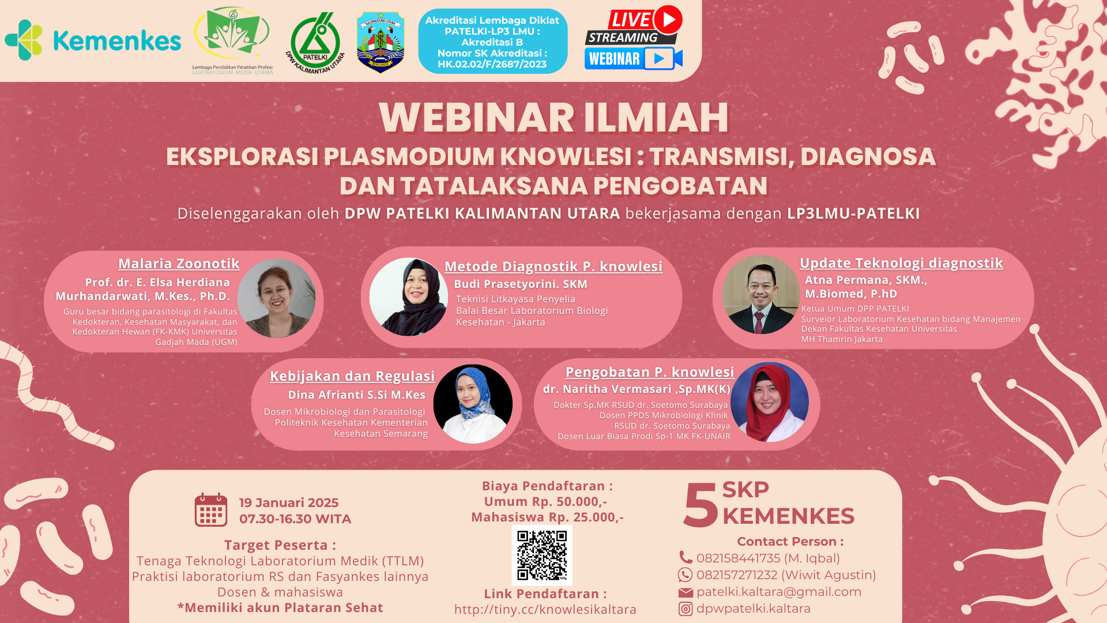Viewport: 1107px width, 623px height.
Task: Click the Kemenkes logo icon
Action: point(24,40)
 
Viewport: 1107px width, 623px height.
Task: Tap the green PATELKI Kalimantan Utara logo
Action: point(315,43)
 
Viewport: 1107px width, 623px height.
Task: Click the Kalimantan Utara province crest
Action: point(380,42)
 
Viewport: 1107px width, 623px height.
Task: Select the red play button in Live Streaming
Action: point(668,20)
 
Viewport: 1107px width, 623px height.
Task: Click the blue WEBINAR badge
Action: point(633,59)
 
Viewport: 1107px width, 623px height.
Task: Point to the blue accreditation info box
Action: point(493,42)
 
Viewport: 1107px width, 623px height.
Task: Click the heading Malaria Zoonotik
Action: point(179,264)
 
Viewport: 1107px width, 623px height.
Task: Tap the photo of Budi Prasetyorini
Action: point(409,297)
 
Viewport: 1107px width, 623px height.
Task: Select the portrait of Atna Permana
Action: point(761,295)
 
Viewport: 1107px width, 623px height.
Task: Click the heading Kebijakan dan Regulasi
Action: point(352,376)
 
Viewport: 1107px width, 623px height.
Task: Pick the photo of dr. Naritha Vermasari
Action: point(770,402)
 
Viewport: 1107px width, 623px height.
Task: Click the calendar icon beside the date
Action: point(211,510)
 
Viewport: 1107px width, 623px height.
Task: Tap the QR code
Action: point(542,555)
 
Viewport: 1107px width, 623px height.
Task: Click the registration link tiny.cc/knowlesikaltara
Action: point(545,610)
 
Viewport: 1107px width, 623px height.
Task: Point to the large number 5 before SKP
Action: point(701,505)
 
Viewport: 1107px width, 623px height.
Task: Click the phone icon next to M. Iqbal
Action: point(686,558)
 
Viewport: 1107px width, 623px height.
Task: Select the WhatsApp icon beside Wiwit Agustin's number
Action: point(685,575)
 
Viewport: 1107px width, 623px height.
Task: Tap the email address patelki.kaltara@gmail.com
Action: point(779,592)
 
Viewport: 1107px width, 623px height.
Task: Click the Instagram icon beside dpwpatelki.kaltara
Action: point(686,609)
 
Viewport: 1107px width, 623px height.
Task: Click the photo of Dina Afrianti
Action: point(473,404)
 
